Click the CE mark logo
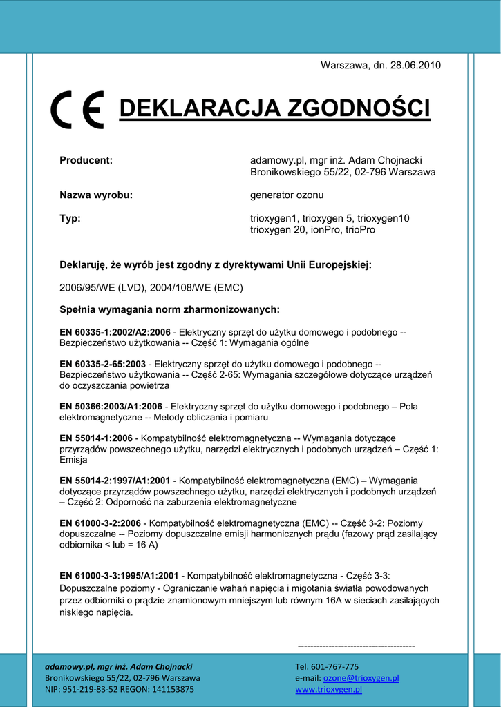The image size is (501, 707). pos(77,109)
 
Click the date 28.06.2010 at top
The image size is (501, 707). pos(415,65)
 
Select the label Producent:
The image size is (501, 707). pos(86,160)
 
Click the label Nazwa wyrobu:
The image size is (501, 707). pos(96,195)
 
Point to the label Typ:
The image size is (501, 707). pos(70,218)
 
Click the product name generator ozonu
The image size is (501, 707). pos(286,195)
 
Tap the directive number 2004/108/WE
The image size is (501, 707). pos(180,287)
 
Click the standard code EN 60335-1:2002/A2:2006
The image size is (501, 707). pos(115,332)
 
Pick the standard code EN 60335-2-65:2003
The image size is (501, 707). pos(102,364)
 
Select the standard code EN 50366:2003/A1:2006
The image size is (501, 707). pos(111,407)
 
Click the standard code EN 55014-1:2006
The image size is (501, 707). pos(96,438)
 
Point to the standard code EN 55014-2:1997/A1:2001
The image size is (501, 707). pos(115,481)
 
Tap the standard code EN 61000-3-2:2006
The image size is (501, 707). pos(100,523)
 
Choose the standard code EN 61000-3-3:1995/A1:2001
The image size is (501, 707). pos(119,575)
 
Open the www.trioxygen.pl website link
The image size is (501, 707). pos(328,689)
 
